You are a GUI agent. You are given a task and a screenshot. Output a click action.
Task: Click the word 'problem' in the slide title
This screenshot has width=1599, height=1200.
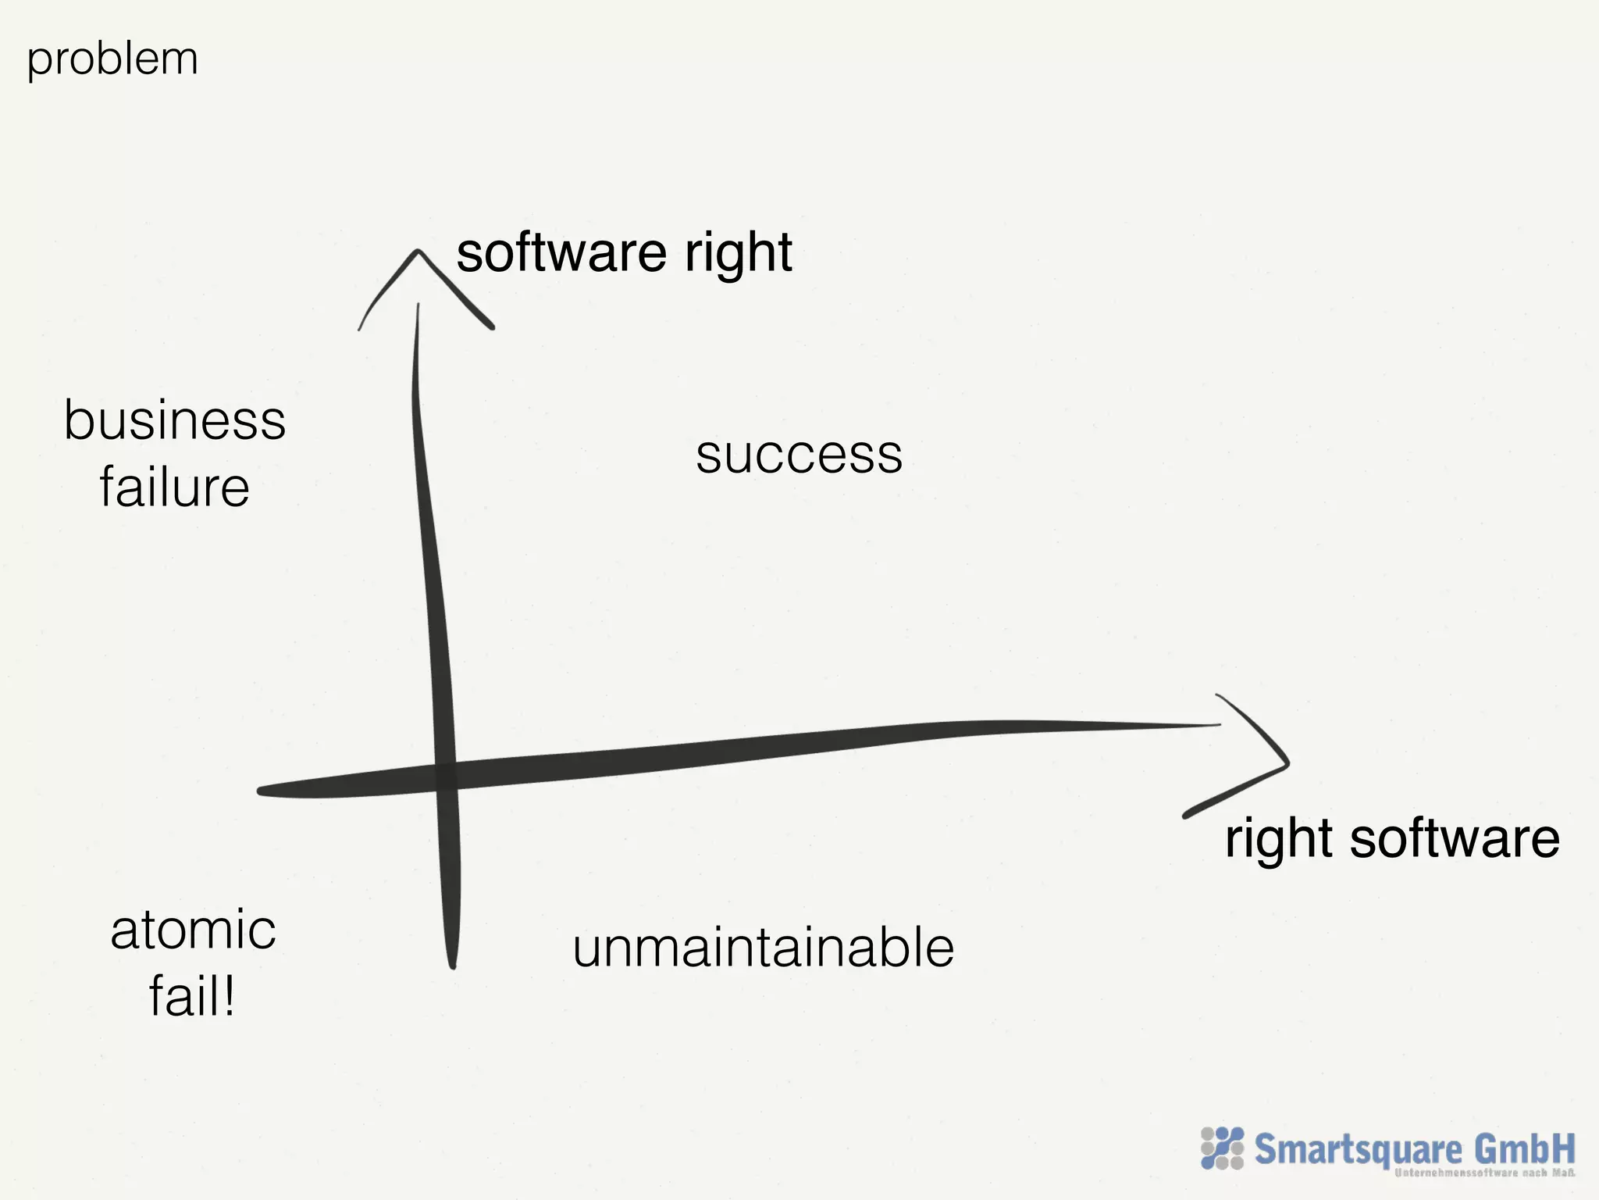coord(112,59)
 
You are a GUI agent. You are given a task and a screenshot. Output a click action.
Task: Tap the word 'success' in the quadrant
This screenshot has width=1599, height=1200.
coord(799,455)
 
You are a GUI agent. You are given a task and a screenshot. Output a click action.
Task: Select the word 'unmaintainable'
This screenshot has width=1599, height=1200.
coord(763,948)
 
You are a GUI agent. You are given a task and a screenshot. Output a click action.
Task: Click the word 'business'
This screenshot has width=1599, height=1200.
coord(175,420)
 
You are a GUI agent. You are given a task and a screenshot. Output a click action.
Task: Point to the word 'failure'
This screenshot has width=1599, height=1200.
coord(174,487)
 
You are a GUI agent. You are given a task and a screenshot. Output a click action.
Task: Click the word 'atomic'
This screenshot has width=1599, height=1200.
coord(193,930)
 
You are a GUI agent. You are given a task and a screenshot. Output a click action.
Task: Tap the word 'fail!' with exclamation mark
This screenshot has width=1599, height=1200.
coord(192,997)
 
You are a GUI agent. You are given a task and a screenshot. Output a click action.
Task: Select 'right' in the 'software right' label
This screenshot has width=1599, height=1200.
coord(739,254)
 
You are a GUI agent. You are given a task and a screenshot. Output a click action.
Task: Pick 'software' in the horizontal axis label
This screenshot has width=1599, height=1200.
coord(1454,838)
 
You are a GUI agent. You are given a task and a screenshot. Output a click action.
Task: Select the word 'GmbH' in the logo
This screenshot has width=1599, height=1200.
coord(1524,1149)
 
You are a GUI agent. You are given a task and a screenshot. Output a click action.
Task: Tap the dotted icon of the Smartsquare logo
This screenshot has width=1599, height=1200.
coord(1222,1148)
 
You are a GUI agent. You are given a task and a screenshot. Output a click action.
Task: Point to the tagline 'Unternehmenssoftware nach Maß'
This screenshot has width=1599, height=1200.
coord(1483,1173)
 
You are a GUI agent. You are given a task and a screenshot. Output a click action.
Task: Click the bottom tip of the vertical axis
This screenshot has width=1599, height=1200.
coord(453,965)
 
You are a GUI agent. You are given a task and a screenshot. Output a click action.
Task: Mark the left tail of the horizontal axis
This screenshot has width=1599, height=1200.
coord(262,791)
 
